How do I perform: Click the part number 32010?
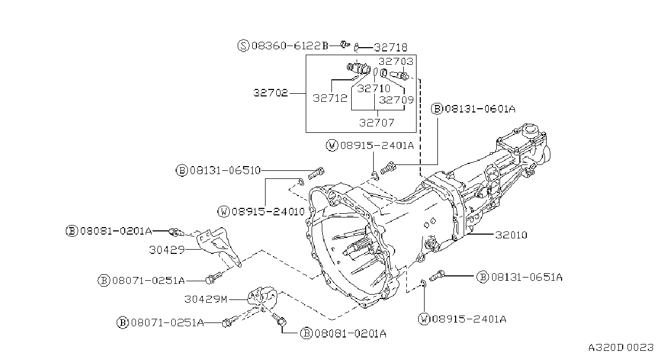[x=511, y=235]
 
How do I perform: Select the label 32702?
[x=270, y=93]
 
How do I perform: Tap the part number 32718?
[x=391, y=47]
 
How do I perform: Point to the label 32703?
[x=396, y=62]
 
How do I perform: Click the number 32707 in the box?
[x=376, y=123]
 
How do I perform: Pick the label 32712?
[x=330, y=98]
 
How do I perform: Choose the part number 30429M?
[x=206, y=299]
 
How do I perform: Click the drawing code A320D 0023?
[x=621, y=348]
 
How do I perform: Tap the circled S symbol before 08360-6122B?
[x=243, y=46]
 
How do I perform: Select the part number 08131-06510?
[x=225, y=170]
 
